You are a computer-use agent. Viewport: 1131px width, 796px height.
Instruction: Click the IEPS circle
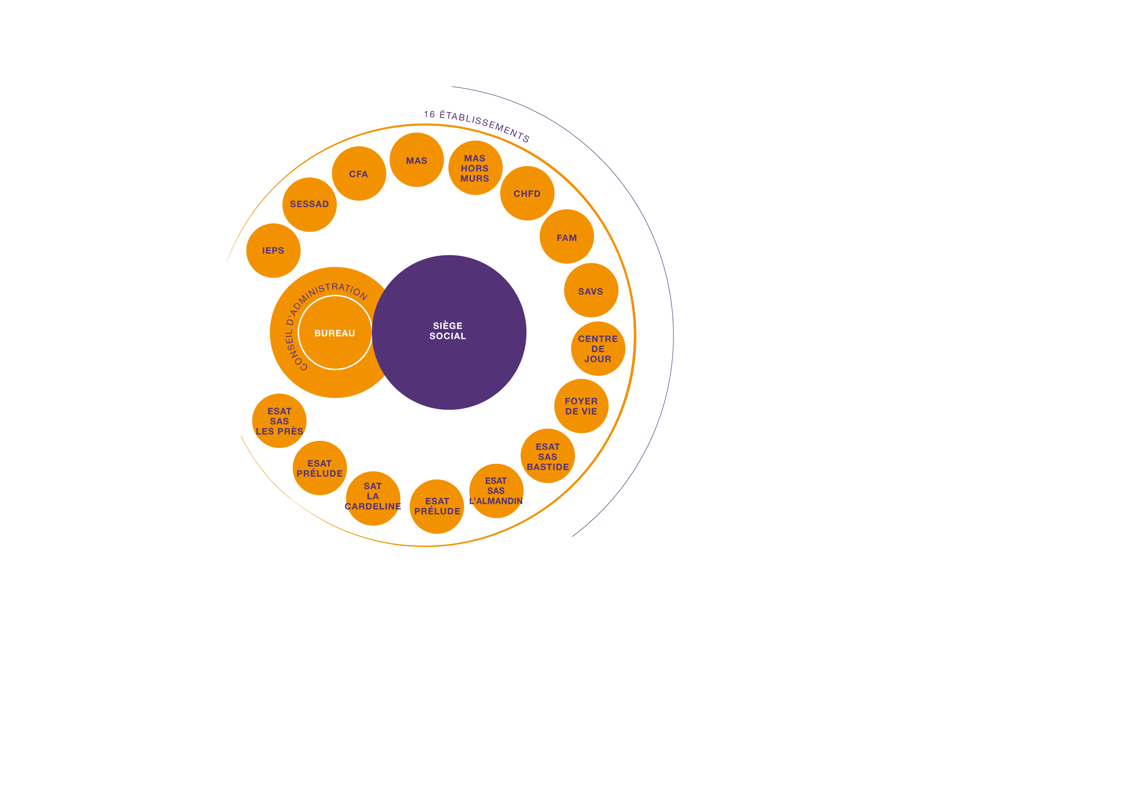pyautogui.click(x=273, y=250)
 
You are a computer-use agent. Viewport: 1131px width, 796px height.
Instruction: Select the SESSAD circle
pyautogui.click(x=310, y=204)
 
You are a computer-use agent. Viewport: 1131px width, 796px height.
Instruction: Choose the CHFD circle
pyautogui.click(x=527, y=193)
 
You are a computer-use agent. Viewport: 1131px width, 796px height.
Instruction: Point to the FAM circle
pyautogui.click(x=567, y=237)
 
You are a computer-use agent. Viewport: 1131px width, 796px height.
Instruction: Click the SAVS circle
pyautogui.click(x=591, y=290)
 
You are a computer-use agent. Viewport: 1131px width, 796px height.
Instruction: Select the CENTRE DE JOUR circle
pyautogui.click(x=598, y=349)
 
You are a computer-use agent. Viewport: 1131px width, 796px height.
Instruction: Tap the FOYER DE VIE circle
pyautogui.click(x=581, y=406)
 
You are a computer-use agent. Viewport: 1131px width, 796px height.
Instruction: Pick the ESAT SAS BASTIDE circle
pyautogui.click(x=547, y=456)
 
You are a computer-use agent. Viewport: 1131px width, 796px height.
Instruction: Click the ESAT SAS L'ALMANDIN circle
pyautogui.click(x=496, y=491)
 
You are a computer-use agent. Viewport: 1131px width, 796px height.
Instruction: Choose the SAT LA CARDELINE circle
pyautogui.click(x=373, y=498)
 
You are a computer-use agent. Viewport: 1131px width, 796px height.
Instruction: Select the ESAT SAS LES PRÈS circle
pyautogui.click(x=279, y=420)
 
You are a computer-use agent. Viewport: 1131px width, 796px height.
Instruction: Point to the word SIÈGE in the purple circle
pyautogui.click(x=448, y=326)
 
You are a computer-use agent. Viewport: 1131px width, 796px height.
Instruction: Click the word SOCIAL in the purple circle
pyautogui.click(x=448, y=336)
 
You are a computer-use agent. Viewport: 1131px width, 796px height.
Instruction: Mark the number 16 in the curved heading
pyautogui.click(x=429, y=114)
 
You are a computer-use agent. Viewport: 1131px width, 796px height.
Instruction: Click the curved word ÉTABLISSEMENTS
pyautogui.click(x=485, y=125)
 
